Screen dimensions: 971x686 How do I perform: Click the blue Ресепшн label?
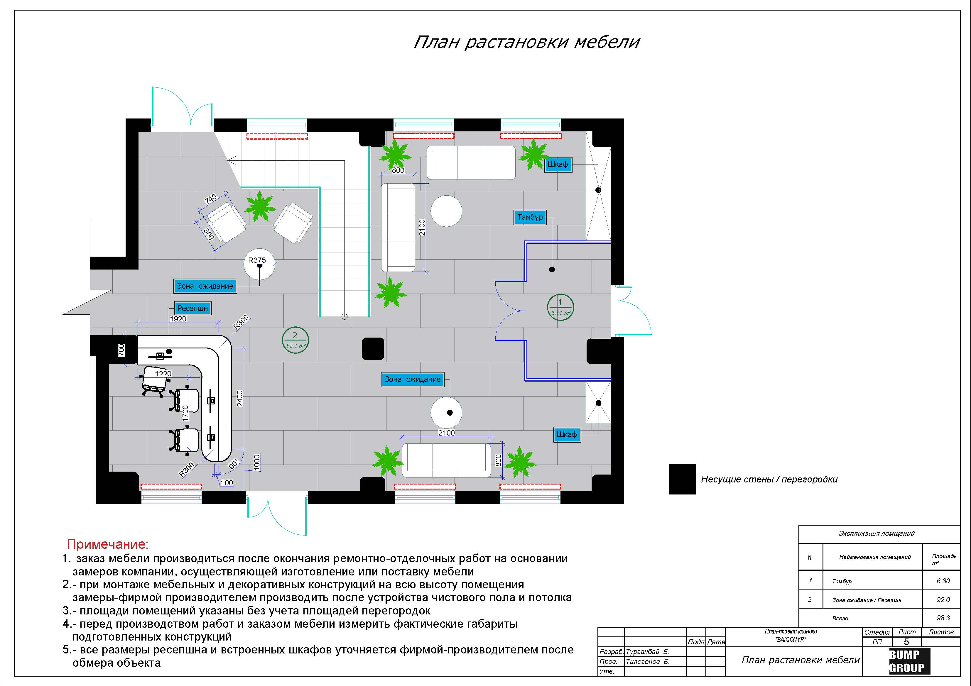(192, 308)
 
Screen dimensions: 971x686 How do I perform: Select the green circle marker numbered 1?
(560, 307)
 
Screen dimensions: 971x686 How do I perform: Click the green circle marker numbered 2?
(295, 340)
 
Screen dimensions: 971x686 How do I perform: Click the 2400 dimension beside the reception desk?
(240, 399)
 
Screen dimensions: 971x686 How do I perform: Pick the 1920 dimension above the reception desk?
(178, 319)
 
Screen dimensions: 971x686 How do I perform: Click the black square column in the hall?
(373, 349)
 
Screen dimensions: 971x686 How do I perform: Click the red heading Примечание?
(108, 544)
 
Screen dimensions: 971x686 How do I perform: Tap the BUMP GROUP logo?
(906, 661)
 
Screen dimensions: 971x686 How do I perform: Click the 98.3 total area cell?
(943, 618)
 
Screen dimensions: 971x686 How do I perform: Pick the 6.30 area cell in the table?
(943, 581)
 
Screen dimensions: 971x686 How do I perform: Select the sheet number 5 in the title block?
(906, 642)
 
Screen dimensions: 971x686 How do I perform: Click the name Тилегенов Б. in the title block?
(647, 661)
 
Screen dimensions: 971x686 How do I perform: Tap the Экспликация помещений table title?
(876, 533)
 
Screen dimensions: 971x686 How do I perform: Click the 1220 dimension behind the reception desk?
(163, 374)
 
